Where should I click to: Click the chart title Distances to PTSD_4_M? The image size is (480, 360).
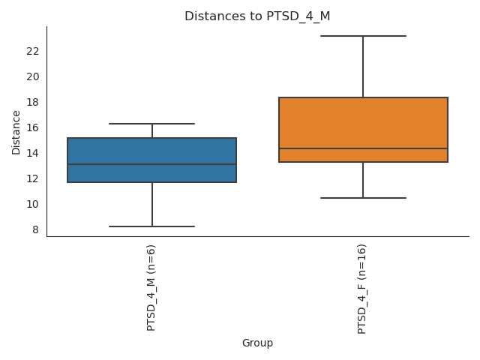(257, 16)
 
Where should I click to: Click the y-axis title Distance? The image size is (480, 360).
(16, 132)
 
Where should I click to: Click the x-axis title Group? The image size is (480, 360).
(257, 343)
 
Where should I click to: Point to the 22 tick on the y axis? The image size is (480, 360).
(33, 51)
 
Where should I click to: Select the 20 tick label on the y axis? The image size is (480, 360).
(33, 76)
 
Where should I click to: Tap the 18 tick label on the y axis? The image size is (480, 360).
(33, 102)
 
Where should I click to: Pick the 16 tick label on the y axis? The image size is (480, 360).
(33, 127)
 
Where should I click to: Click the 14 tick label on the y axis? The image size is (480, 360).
(33, 153)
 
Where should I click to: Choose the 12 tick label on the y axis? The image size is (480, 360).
(33, 178)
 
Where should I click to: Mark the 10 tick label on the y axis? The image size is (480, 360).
(33, 204)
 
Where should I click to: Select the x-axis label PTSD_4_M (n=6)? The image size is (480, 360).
(151, 287)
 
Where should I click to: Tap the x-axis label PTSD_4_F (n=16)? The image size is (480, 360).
(362, 289)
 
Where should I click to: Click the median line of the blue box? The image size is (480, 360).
(151, 164)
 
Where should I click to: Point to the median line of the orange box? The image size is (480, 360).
(363, 148)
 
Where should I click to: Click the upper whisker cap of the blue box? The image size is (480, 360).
(151, 124)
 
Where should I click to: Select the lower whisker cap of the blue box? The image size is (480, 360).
(151, 226)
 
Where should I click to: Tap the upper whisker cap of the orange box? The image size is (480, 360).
(363, 36)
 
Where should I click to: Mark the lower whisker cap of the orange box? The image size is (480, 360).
(363, 198)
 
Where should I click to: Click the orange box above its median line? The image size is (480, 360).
(363, 123)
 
